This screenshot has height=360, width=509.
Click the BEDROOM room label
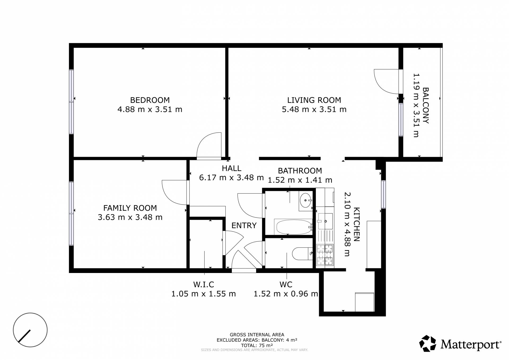150,100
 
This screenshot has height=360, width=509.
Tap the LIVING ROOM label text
314,100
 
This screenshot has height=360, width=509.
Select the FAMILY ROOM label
130,208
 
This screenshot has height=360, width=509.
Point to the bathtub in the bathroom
294,227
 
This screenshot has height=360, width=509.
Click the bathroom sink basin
306,200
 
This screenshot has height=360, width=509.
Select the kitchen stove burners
325,255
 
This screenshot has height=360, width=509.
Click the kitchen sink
325,221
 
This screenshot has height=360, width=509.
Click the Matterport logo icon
428,344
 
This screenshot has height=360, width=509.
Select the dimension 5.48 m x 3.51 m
314,109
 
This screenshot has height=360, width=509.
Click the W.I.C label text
204,284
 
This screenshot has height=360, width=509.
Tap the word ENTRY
244,225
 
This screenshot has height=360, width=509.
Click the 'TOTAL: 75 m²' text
257,345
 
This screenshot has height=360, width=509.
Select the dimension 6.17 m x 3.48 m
231,177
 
